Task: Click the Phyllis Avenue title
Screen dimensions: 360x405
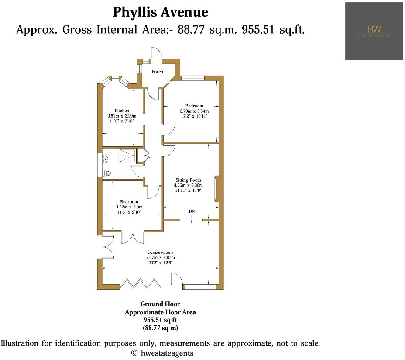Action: [160, 12]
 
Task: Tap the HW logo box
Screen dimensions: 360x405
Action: [374, 31]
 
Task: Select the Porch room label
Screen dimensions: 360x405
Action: [157, 71]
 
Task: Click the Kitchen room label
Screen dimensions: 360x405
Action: [122, 110]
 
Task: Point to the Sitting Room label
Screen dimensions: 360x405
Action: [188, 180]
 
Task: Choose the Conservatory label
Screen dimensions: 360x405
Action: [160, 253]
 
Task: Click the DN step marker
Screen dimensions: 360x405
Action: [192, 211]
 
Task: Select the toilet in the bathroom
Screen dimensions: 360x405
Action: [107, 173]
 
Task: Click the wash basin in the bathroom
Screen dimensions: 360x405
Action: [106, 159]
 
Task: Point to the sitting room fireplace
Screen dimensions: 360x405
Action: [216, 188]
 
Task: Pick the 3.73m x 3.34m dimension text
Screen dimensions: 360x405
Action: [194, 111]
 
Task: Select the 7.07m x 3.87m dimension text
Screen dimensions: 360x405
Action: [160, 258]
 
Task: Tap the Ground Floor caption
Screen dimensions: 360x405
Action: [160, 304]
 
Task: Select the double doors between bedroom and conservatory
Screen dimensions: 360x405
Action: [132, 236]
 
